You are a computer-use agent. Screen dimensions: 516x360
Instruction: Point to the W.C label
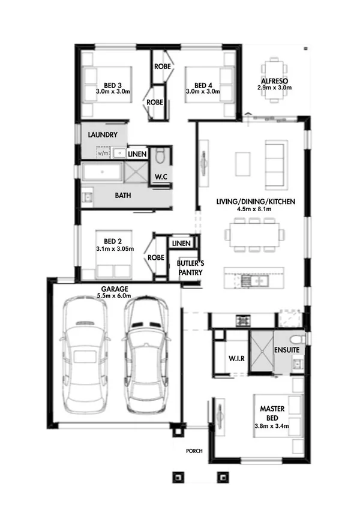161,177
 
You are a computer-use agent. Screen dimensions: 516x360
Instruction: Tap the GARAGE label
113,289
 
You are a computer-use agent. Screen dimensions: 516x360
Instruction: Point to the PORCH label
194,451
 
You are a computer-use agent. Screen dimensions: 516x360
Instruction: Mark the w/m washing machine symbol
102,154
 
